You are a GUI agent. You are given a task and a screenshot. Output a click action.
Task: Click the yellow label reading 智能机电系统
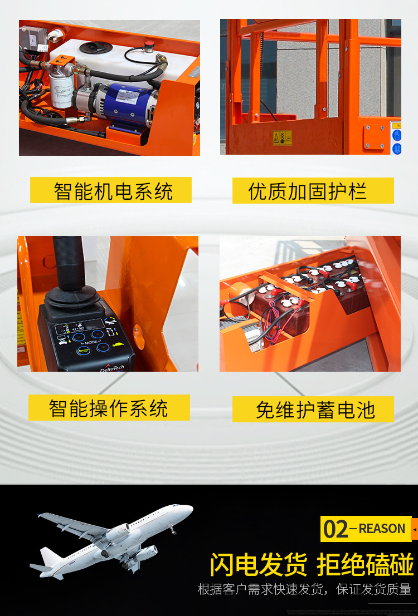click(111, 190)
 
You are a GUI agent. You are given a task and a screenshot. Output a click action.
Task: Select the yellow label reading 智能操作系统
click(109, 408)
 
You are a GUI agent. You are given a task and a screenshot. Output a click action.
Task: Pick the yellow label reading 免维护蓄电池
click(313, 410)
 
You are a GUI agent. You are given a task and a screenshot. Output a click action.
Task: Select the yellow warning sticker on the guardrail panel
click(283, 137)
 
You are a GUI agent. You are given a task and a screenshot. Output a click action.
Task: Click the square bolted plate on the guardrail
click(373, 136)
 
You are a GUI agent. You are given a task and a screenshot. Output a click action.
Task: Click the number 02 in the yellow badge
click(336, 529)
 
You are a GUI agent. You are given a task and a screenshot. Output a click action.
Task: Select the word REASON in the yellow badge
click(382, 529)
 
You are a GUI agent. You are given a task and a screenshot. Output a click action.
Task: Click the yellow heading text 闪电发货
click(258, 564)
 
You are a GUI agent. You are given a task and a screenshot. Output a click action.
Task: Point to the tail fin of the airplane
click(49, 556)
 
